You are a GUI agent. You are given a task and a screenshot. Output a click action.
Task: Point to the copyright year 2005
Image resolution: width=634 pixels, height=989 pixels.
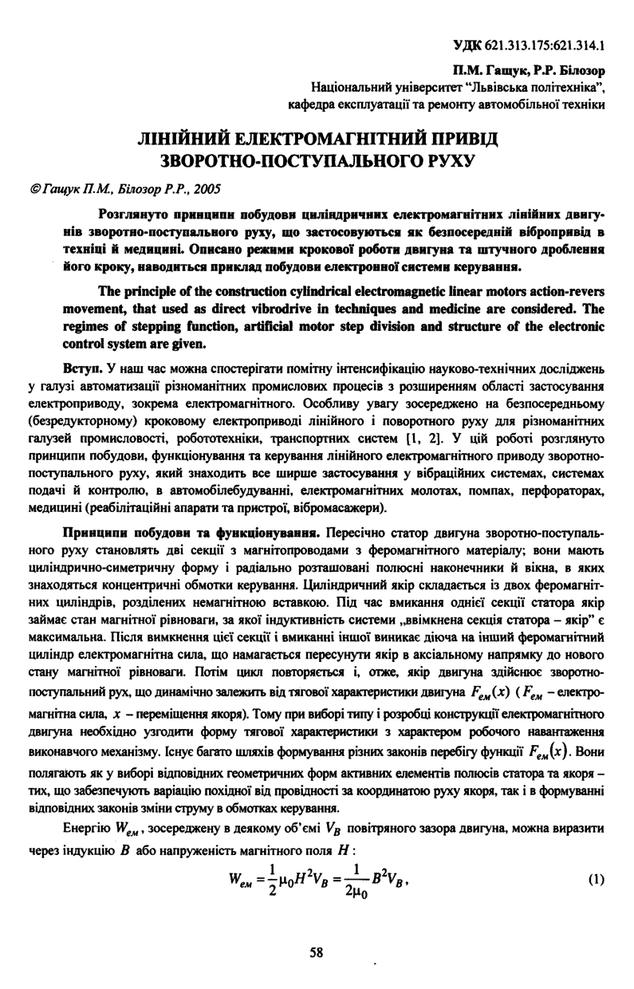tap(205, 189)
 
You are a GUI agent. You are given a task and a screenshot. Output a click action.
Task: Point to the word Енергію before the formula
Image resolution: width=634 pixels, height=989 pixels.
tap(85, 828)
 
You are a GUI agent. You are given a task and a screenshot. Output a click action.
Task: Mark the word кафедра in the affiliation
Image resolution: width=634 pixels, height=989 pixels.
tap(314, 104)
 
